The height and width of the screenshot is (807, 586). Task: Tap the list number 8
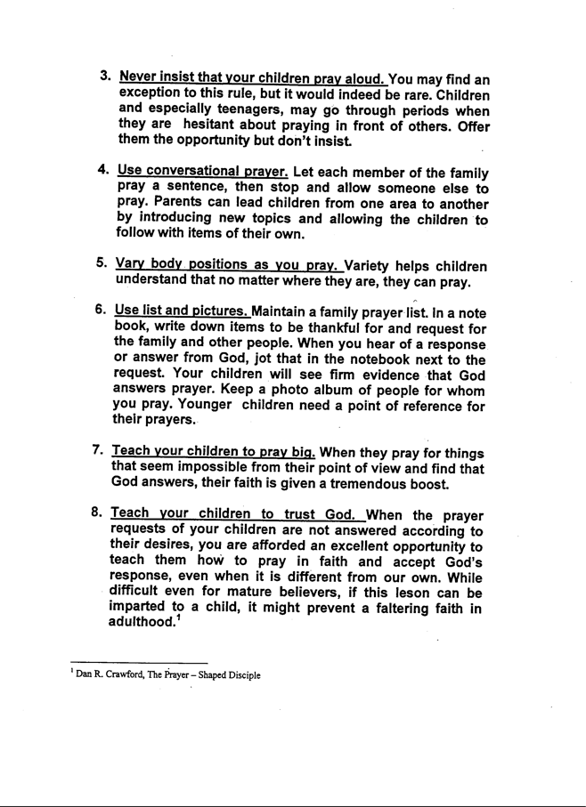pyautogui.click(x=101, y=513)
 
